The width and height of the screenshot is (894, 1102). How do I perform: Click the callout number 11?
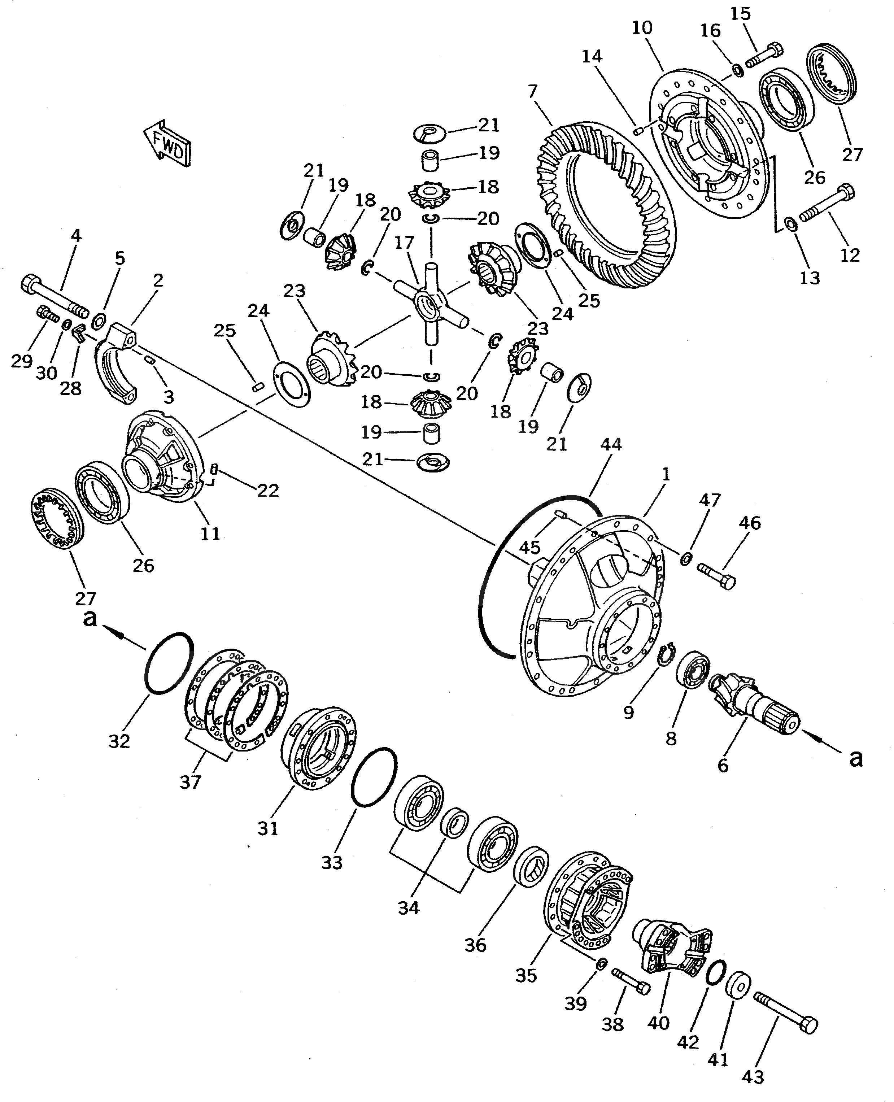coord(210,533)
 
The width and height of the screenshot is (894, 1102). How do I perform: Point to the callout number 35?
coord(526,975)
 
